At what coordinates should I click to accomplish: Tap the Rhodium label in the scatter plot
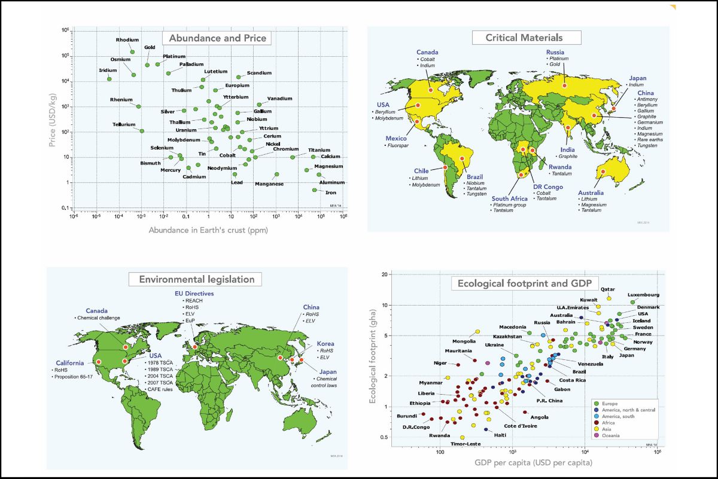click(127, 40)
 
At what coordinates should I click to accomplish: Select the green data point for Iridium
click(109, 78)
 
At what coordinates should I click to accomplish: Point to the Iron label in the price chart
click(330, 193)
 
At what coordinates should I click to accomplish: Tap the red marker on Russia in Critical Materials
click(564, 85)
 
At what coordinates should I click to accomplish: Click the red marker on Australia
click(603, 172)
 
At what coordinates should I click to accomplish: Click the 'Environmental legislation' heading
click(196, 279)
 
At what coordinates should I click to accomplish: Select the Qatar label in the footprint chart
click(608, 289)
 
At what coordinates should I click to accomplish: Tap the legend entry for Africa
click(609, 422)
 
